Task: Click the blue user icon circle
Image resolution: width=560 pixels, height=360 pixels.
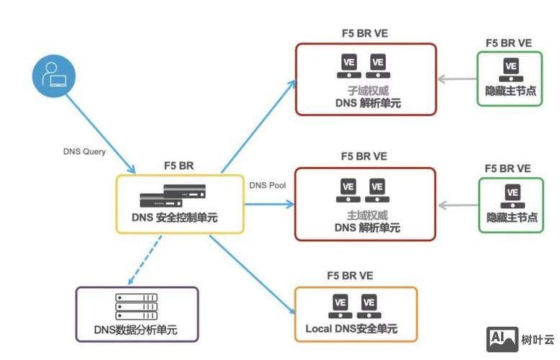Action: click(x=53, y=76)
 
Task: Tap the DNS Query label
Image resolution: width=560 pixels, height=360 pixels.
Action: click(x=84, y=152)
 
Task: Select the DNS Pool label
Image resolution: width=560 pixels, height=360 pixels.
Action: click(x=268, y=185)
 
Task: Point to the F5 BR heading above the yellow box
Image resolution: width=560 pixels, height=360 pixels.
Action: click(x=179, y=166)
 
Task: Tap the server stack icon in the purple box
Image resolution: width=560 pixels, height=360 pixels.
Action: click(x=136, y=308)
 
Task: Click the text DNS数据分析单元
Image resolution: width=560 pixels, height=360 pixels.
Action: click(x=135, y=330)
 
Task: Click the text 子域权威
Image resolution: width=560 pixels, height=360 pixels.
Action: click(x=366, y=91)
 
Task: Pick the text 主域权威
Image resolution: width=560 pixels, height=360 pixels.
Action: click(x=366, y=215)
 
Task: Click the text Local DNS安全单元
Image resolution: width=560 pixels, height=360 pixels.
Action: click(x=356, y=330)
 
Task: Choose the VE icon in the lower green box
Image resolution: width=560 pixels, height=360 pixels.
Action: click(x=512, y=195)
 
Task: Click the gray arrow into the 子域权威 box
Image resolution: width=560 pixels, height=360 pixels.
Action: click(x=457, y=80)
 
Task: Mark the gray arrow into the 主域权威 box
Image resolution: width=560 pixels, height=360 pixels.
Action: click(x=457, y=205)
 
